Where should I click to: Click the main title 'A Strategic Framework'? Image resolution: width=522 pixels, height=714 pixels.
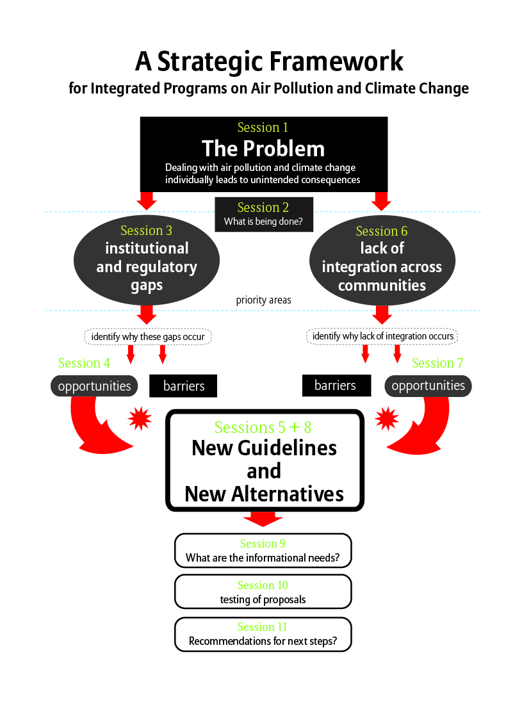click(269, 61)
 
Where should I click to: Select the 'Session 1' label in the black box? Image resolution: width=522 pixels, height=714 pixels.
click(263, 127)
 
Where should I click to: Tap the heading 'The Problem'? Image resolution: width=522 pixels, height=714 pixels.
click(263, 149)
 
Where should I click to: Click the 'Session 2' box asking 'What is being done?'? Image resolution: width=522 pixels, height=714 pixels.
click(263, 215)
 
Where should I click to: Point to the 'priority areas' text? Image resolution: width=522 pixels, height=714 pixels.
click(263, 300)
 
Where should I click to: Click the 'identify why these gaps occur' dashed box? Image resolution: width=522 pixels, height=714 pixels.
click(148, 336)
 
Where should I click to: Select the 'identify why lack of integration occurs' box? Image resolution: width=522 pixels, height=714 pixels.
click(382, 336)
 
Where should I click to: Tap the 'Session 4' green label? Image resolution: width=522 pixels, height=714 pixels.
click(84, 363)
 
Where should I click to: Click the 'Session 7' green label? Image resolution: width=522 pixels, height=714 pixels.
click(437, 363)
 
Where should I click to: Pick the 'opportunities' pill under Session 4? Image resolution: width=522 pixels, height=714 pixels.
click(94, 386)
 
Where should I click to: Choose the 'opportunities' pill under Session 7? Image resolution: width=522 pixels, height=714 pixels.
click(428, 386)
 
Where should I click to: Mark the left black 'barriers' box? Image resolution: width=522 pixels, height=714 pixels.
click(183, 386)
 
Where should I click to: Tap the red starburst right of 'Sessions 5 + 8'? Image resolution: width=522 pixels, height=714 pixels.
click(386, 419)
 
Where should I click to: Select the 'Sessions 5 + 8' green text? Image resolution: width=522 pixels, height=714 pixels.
click(263, 427)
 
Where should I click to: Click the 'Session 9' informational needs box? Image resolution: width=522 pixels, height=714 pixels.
click(263, 551)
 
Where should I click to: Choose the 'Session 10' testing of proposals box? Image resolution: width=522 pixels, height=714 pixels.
click(263, 592)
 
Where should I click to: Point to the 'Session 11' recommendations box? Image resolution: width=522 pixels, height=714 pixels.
click(263, 634)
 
